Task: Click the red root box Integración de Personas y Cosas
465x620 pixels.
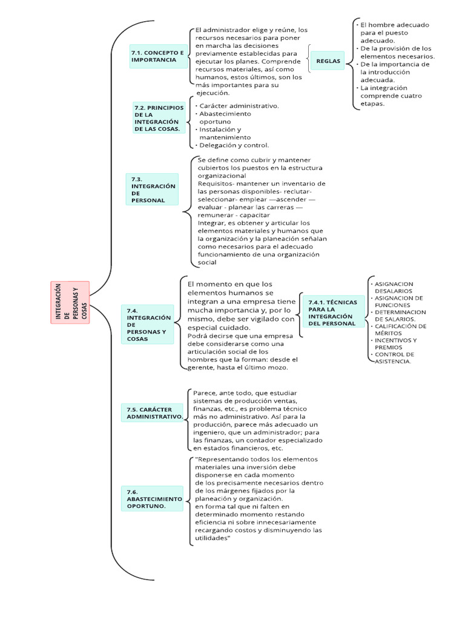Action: click(70, 302)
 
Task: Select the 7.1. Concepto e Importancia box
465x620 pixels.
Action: click(158, 56)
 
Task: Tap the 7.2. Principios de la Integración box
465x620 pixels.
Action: click(159, 117)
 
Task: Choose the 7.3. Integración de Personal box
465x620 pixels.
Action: click(154, 190)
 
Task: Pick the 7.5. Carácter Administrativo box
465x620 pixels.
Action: click(154, 413)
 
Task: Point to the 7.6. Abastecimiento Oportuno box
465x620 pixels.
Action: click(154, 497)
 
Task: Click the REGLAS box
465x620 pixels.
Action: click(328, 61)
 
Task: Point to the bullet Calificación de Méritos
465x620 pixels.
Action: click(400, 329)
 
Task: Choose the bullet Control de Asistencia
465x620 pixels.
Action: click(394, 357)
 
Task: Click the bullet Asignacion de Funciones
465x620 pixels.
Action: click(398, 302)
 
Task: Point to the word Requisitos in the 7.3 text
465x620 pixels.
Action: click(216, 183)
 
